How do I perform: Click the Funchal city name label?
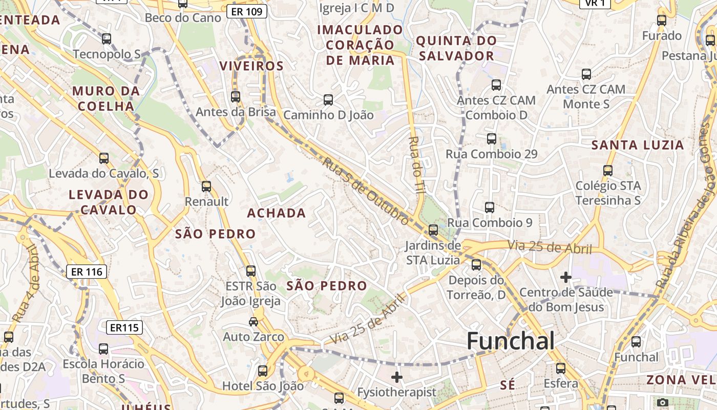click(x=511, y=341)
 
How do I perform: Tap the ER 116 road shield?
click(x=86, y=272)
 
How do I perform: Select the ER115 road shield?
click(x=125, y=327)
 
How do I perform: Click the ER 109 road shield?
click(x=247, y=11)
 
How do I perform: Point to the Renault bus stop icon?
click(x=206, y=187)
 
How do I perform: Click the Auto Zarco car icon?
click(x=254, y=321)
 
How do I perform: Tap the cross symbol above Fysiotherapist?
click(x=397, y=378)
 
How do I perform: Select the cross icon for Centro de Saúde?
click(x=565, y=277)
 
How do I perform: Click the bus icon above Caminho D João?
click(x=328, y=99)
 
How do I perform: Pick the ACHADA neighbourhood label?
click(x=277, y=213)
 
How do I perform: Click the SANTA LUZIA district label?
click(x=638, y=145)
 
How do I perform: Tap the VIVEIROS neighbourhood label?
click(x=251, y=66)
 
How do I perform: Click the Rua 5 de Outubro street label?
click(x=366, y=191)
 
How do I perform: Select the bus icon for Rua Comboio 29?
click(x=492, y=138)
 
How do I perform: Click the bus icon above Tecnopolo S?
click(x=107, y=38)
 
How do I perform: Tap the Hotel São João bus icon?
click(x=263, y=371)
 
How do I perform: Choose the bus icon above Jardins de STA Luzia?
click(x=433, y=230)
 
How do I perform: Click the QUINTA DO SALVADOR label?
click(x=456, y=48)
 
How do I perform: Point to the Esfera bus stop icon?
click(x=561, y=368)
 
